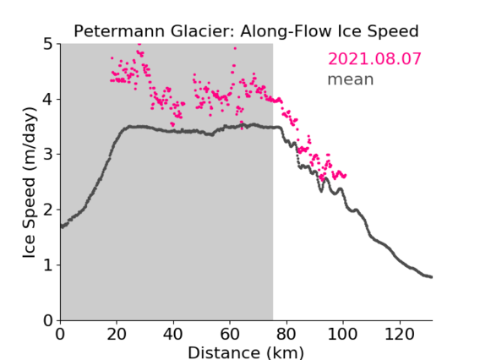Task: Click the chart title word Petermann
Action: pos(120,31)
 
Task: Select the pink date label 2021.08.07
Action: pos(374,59)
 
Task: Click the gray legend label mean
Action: pos(351,79)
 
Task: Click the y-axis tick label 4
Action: pos(48,100)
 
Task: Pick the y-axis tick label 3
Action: pos(48,155)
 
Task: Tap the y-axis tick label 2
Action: pos(48,210)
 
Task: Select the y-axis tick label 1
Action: pos(48,265)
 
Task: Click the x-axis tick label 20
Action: pos(117,335)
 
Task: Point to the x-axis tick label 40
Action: pos(173,335)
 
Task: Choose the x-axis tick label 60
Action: pos(230,335)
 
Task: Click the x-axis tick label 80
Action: pos(286,335)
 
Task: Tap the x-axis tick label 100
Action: pos(342,335)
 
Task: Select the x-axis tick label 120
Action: pos(399,335)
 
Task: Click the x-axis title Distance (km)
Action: pos(246,352)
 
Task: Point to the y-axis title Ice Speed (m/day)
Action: pos(30,183)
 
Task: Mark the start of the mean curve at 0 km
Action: pos(62,226)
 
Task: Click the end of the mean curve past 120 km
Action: pos(431,277)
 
